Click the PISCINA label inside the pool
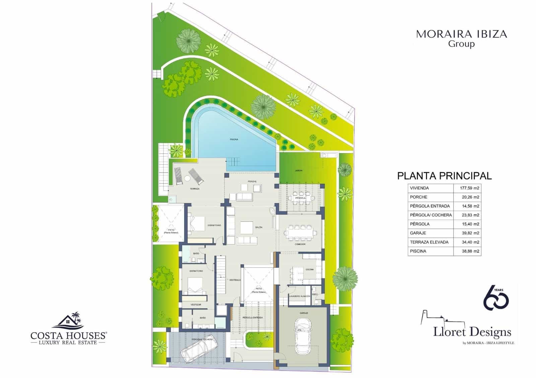[x=234, y=139]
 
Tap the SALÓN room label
[x=259, y=227]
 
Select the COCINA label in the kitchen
[x=310, y=269]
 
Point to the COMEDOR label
[x=300, y=244]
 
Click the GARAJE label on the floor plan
[x=304, y=313]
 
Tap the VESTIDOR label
[x=196, y=305]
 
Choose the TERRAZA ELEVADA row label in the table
[x=429, y=242]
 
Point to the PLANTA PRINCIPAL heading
[x=445, y=176]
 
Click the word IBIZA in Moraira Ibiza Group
[x=489, y=34]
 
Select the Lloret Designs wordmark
[x=472, y=332]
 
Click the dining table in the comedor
[x=300, y=232]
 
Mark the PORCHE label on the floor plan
[x=252, y=182]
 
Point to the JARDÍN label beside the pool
[x=298, y=171]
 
